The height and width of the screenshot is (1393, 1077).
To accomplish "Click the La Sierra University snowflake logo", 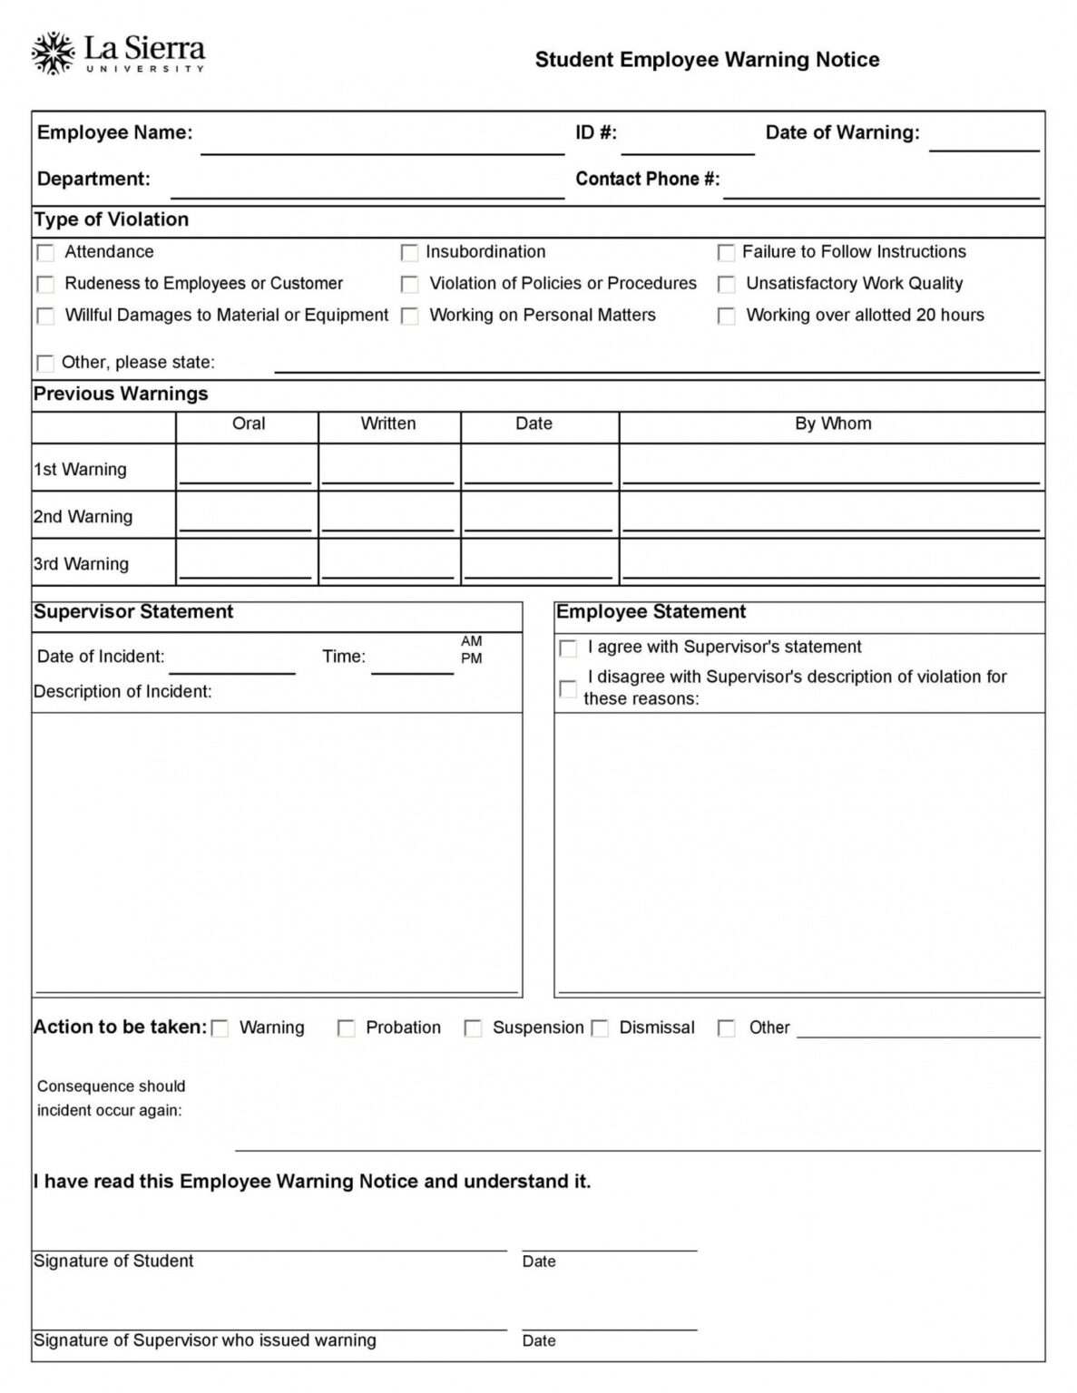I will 52,54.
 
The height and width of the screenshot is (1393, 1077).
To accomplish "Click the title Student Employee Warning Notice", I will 706,60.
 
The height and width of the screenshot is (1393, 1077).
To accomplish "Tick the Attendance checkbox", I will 45,252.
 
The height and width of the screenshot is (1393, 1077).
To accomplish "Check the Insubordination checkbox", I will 409,252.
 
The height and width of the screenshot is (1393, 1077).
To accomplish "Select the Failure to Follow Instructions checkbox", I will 726,252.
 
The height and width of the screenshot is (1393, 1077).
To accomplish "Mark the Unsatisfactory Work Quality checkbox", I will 726,284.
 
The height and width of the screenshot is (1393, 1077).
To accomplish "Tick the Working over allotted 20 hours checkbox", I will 726,316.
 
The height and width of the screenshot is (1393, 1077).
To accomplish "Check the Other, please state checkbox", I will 45,363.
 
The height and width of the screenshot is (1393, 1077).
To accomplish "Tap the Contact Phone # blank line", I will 880,187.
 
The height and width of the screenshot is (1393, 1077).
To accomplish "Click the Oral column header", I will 248,424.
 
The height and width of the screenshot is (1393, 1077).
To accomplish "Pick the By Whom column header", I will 832,424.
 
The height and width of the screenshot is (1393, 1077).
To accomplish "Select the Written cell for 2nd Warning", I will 388,516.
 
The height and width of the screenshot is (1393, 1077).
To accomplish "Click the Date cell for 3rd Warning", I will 539,563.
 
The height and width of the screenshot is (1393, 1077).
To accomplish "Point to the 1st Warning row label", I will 80,470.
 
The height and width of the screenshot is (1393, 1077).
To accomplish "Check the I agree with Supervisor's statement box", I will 568,648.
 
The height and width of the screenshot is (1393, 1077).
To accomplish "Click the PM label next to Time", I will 471,658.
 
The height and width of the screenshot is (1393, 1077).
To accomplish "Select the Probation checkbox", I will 346,1028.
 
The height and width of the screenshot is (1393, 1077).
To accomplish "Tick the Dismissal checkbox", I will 600,1028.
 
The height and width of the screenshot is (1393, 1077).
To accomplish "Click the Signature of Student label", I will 113,1261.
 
